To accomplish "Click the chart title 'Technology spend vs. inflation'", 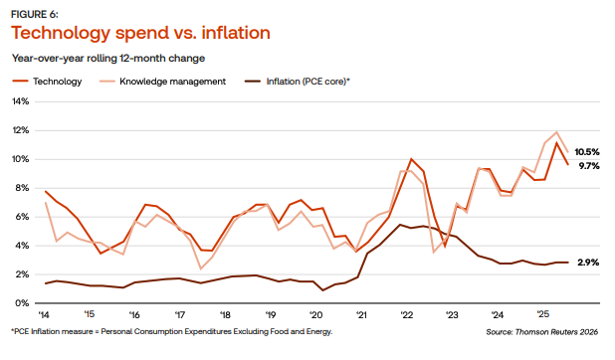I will [x=139, y=33].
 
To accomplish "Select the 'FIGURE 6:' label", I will [x=34, y=12].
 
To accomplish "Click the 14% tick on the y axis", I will [x=21, y=101].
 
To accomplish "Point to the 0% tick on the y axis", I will [x=23, y=303].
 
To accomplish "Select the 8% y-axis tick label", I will [x=23, y=188].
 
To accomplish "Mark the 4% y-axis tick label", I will [x=23, y=246].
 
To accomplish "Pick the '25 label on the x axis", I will [x=543, y=313].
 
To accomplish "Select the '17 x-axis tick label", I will [x=180, y=313].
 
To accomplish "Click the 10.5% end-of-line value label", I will [x=588, y=151].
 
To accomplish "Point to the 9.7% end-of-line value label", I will [x=588, y=166].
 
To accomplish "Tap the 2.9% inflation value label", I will [x=588, y=263].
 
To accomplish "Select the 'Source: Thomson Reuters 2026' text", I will [x=544, y=331].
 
